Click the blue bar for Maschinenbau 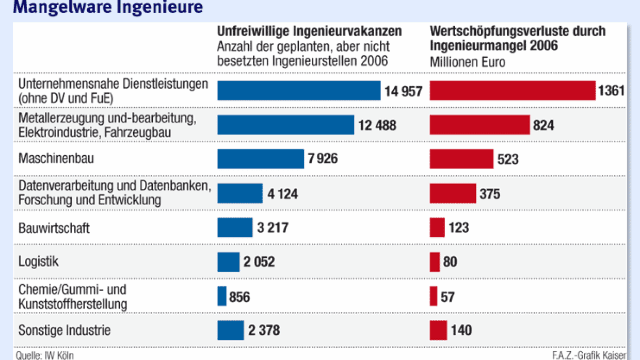tap(261, 159)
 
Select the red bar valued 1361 tap(513, 91)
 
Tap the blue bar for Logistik tap(229, 262)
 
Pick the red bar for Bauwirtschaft tap(437, 227)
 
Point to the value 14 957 tap(403, 92)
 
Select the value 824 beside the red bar tap(544, 125)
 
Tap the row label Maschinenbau tap(56, 158)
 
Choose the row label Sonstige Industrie tap(65, 330)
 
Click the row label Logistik tap(39, 261)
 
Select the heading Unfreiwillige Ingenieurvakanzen tap(309, 31)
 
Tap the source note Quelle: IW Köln tap(45, 355)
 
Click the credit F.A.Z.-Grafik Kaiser tap(589, 355)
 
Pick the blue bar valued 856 tap(222, 297)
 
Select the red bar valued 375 tap(453, 193)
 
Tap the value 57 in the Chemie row tap(448, 297)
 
